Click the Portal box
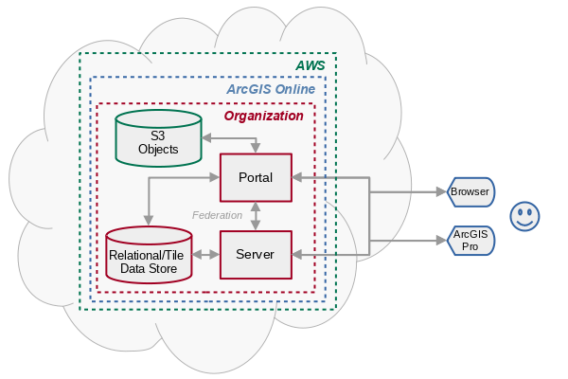click(256, 177)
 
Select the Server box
click(256, 255)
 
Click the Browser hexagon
click(470, 191)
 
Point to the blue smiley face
click(524, 216)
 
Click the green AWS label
click(310, 65)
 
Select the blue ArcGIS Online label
click(271, 89)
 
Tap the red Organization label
click(263, 116)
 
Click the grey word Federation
click(218, 215)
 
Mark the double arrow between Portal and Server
click(256, 216)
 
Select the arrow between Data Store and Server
click(206, 255)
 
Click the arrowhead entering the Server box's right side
click(297, 254)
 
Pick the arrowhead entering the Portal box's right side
click(297, 177)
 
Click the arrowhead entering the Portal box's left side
click(214, 177)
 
